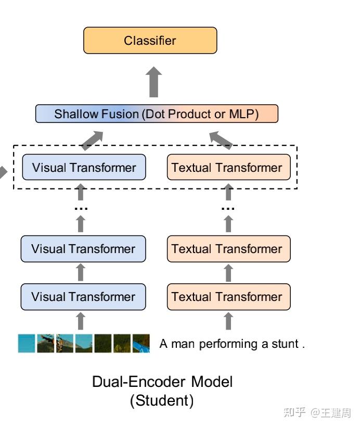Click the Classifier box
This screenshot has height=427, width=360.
[150, 41]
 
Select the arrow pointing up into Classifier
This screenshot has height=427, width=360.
[153, 82]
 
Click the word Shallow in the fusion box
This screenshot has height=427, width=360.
[73, 114]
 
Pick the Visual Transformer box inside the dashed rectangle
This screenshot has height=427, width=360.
[84, 168]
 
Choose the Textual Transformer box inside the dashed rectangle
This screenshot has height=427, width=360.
[228, 168]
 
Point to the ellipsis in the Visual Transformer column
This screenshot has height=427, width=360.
[81, 208]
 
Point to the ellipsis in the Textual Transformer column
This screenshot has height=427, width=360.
[228, 208]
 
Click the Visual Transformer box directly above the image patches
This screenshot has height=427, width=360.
[83, 297]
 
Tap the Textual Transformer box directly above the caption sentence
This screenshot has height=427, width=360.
[228, 297]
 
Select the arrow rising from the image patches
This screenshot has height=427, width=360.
[81, 321]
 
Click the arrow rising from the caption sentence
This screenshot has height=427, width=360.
[228, 321]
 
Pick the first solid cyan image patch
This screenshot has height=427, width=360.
[27, 344]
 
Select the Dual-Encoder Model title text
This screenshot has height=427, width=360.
[162, 382]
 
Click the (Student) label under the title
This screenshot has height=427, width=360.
[162, 401]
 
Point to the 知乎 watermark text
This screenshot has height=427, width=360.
[294, 412]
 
